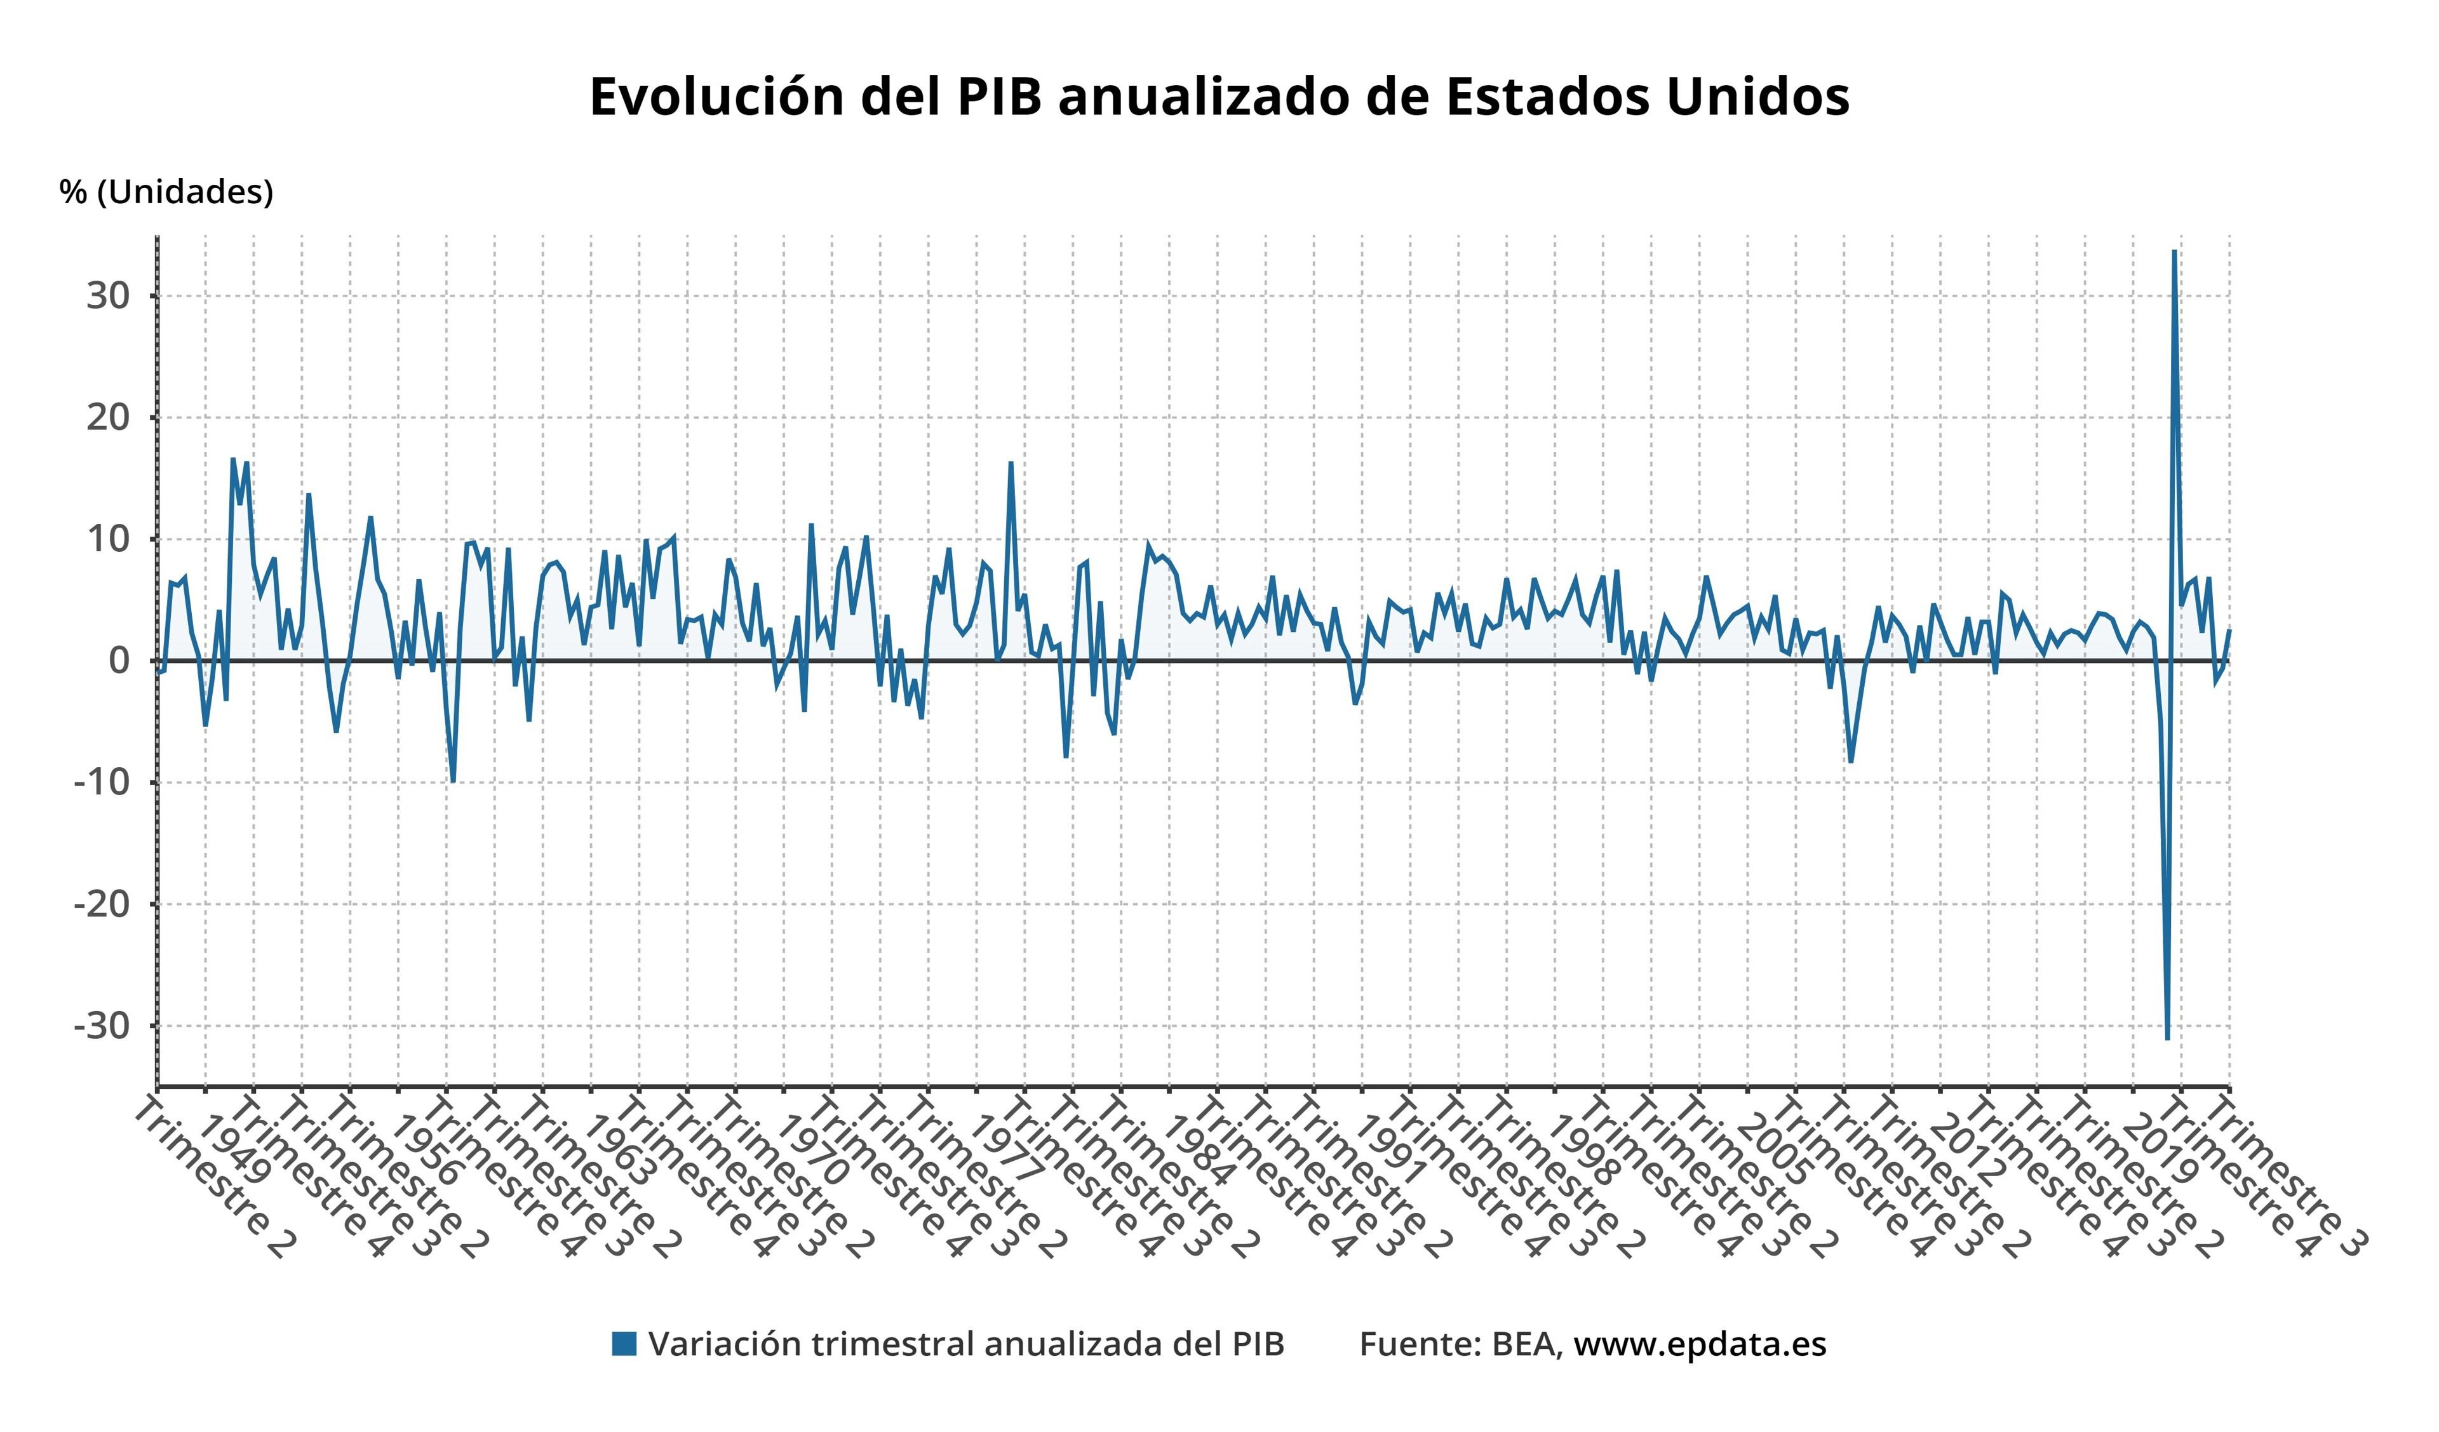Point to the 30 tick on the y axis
pos(109,296)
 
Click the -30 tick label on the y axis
pos(102,1026)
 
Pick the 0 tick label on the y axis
pos(119,661)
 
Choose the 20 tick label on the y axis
pos(109,418)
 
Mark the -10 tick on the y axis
pos(102,783)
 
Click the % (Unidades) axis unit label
pos(166,192)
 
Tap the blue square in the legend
pos(624,1344)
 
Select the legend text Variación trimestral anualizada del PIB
pos(966,1344)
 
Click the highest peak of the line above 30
pos(2174,251)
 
